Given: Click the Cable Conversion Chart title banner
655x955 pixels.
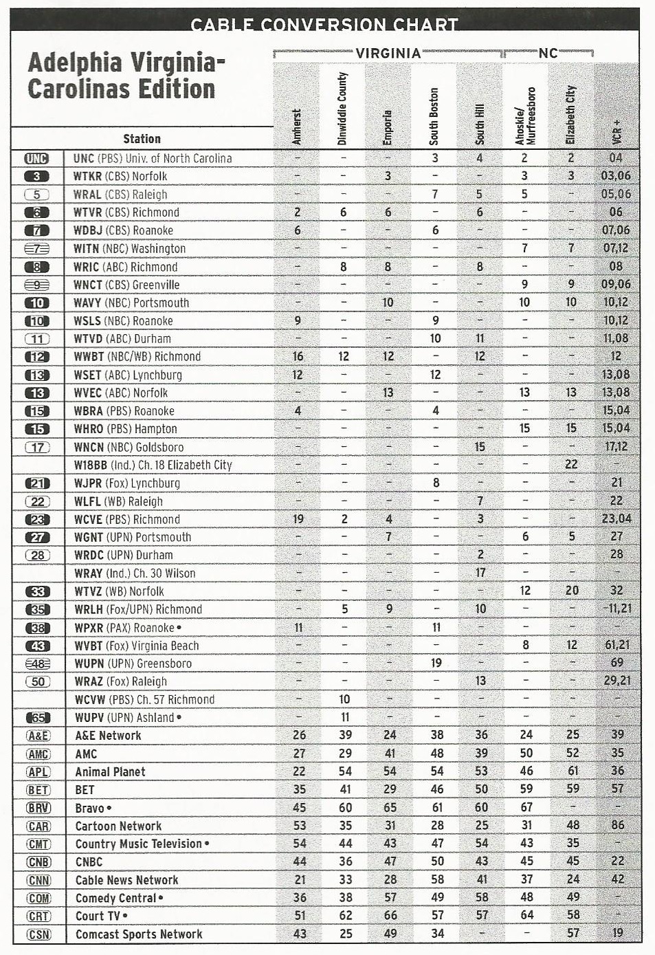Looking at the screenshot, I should click(324, 24).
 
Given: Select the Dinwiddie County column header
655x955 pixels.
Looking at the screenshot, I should click(342, 108).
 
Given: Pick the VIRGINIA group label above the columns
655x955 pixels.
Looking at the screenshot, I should click(388, 53).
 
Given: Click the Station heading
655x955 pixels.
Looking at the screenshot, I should click(142, 138).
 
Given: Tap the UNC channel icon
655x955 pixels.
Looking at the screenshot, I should click(37, 158).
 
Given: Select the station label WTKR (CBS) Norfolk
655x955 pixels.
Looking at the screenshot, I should click(120, 176).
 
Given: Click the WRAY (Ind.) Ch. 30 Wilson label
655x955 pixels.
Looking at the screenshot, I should click(135, 573).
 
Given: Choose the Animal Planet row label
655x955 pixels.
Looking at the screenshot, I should click(110, 771).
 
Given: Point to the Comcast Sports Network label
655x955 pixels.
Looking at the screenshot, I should click(139, 934).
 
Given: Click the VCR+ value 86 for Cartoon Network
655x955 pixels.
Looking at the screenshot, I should click(617, 825).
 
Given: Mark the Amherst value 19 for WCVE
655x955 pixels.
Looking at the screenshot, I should click(298, 519).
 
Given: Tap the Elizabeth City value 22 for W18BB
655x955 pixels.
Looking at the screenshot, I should click(571, 464).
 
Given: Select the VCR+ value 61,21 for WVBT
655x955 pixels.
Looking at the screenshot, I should click(616, 645).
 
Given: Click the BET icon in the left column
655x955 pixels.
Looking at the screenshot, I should click(38, 789).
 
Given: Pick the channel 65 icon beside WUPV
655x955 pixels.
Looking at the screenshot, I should click(38, 717).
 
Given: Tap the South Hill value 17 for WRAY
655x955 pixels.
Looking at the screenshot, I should click(480, 572).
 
